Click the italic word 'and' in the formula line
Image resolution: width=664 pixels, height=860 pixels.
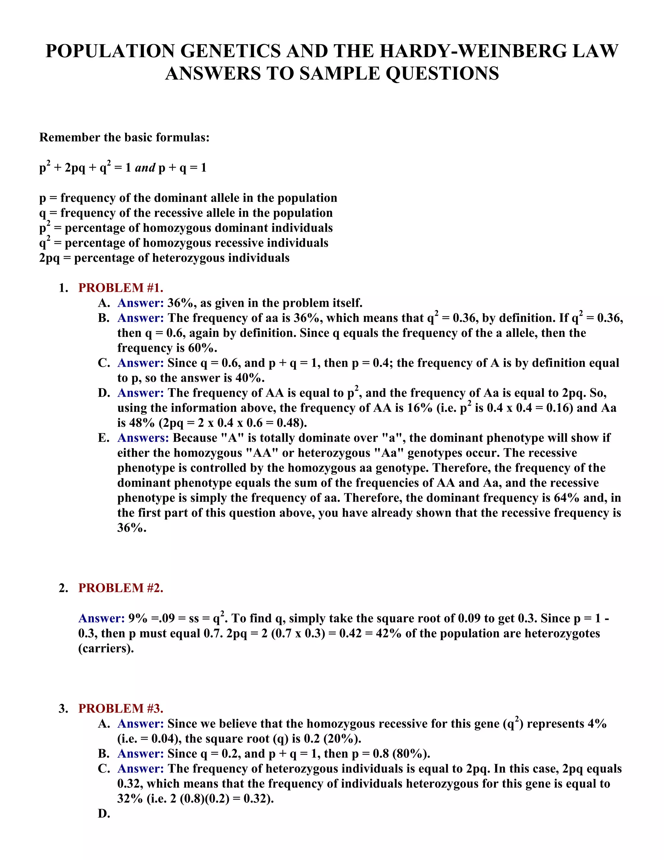click(x=145, y=168)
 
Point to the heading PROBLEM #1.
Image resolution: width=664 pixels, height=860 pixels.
click(x=121, y=288)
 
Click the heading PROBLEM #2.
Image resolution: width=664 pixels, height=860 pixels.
click(x=121, y=588)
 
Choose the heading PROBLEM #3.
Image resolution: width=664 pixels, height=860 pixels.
click(x=121, y=708)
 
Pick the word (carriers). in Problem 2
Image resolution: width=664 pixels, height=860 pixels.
click(x=106, y=648)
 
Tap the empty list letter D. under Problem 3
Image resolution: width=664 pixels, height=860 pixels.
click(x=104, y=814)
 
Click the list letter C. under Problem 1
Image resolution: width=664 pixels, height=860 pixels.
click(x=104, y=363)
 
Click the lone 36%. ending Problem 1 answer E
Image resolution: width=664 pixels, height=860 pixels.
click(x=132, y=528)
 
